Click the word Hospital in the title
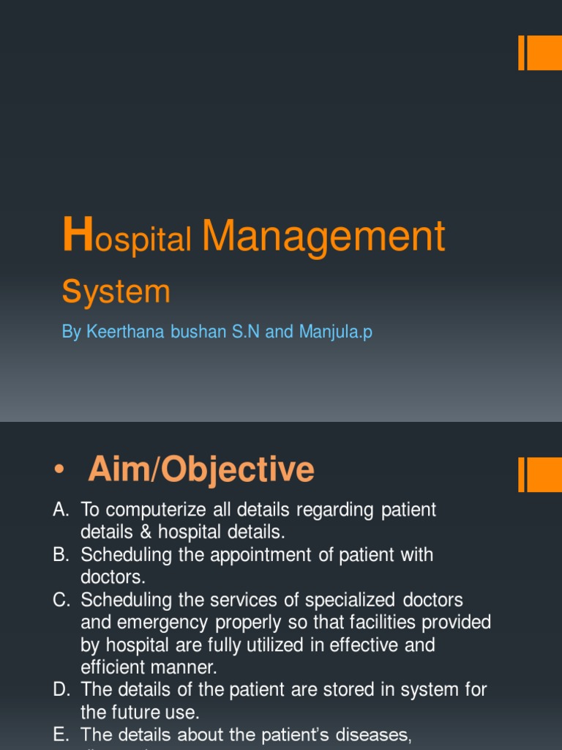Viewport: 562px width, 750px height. (127, 238)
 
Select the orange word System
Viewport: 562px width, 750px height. (116, 292)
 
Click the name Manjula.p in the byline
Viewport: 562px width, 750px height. (335, 332)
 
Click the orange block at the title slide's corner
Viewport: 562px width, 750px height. (540, 53)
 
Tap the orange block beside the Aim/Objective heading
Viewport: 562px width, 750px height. (540, 475)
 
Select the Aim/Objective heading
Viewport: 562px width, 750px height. (201, 469)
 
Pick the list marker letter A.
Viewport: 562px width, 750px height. (60, 510)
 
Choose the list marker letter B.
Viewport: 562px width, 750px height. (60, 555)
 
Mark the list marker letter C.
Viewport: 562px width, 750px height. (60, 601)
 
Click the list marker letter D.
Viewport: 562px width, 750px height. (60, 690)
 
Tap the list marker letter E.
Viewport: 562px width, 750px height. (60, 735)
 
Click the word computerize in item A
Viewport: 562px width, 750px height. (154, 510)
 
